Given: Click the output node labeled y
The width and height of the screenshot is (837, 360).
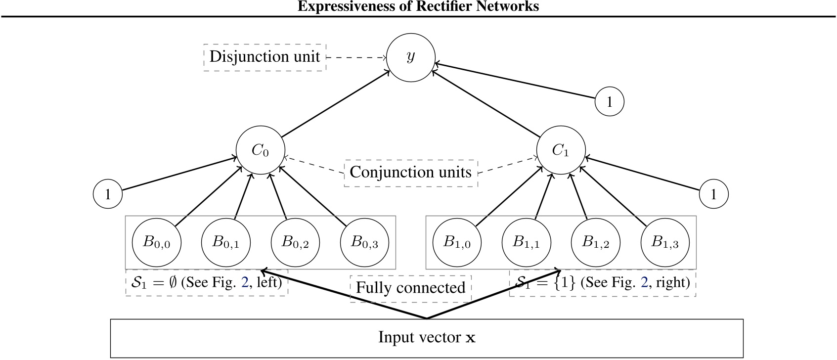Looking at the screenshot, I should click(x=410, y=57).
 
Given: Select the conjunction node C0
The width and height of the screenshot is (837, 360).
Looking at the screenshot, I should click(x=260, y=150).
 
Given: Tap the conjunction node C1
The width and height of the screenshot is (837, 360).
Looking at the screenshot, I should click(x=561, y=150).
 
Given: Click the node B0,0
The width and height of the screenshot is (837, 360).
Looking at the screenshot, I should click(x=156, y=242).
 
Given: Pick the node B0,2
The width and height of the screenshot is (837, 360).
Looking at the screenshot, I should click(x=295, y=242).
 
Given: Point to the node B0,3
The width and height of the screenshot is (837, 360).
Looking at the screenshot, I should click(x=364, y=242).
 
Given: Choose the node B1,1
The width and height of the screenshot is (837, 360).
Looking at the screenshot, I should click(x=526, y=242).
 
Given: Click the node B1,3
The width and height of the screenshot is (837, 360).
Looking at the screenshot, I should click(x=665, y=242).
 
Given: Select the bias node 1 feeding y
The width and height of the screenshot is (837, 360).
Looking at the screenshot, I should click(x=609, y=102).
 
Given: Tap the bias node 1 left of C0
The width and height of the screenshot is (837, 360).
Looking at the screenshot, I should click(x=108, y=194).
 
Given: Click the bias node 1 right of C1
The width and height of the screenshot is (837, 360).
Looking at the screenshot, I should click(x=713, y=194).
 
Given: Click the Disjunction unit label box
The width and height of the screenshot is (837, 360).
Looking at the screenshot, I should click(x=264, y=57).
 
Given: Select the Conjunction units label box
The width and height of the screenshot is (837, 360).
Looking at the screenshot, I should click(x=410, y=173).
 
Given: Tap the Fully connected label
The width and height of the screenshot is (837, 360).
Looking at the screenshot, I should click(x=410, y=288).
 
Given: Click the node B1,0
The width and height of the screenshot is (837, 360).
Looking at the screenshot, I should click(x=457, y=242).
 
